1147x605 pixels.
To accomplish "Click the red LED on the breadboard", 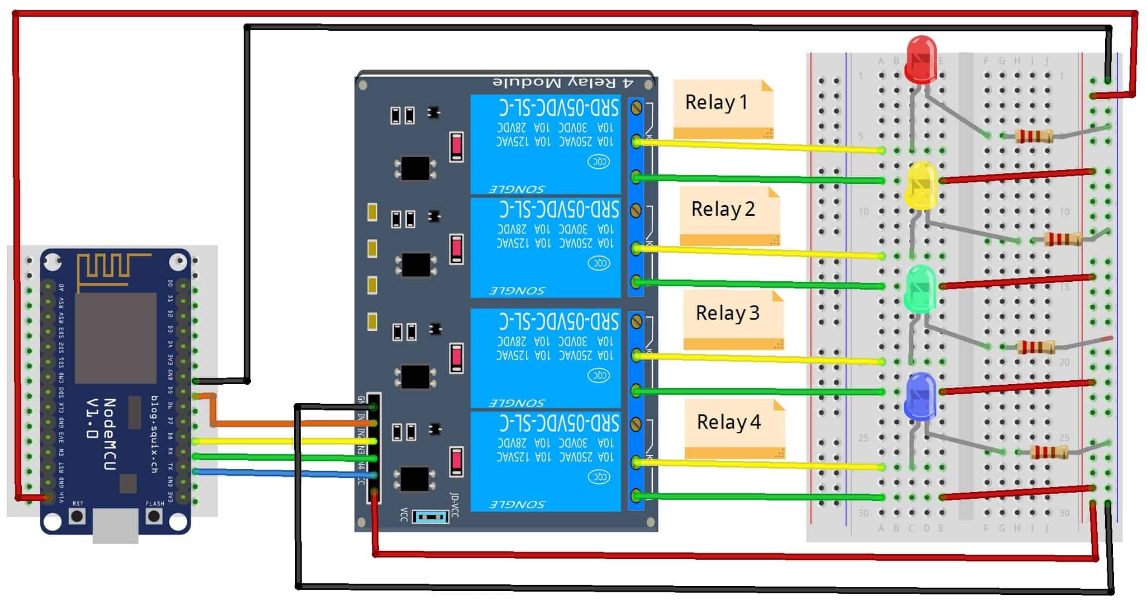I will (x=921, y=59).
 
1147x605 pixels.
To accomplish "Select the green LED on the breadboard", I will (x=920, y=289).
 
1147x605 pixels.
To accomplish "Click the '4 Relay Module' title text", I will (x=563, y=83).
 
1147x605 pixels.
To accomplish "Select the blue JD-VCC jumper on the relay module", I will (x=430, y=516).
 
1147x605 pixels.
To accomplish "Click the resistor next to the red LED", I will (x=1034, y=136).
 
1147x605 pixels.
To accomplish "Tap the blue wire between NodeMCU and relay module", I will (x=279, y=473).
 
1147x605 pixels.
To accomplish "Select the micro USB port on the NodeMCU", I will (x=115, y=526).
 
